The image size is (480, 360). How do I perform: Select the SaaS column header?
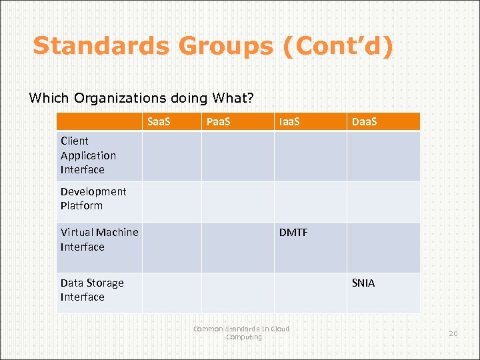pyautogui.click(x=159, y=122)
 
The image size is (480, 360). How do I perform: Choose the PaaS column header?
pyautogui.click(x=218, y=122)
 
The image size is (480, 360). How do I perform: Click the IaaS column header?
pyautogui.click(x=290, y=122)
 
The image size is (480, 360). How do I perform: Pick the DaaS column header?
pyautogui.click(x=364, y=122)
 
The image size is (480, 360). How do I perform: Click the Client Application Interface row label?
pyautogui.click(x=88, y=155)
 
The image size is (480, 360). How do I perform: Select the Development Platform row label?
pyautogui.click(x=93, y=199)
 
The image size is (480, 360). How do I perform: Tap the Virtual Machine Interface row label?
pyautogui.click(x=99, y=239)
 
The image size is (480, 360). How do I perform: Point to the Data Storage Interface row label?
pyautogui.click(x=92, y=290)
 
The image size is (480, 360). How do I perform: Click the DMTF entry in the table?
pyautogui.click(x=293, y=233)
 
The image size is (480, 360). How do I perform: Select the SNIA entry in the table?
pyautogui.click(x=363, y=283)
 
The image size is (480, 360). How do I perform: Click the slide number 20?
pyautogui.click(x=453, y=333)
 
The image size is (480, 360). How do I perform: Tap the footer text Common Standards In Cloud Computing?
pyautogui.click(x=241, y=333)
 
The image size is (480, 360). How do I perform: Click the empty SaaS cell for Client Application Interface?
pyautogui.click(x=171, y=156)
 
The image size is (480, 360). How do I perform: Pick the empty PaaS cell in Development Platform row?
pyautogui.click(x=237, y=201)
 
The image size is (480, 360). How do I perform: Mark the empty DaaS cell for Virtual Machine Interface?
pyautogui.click(x=383, y=247)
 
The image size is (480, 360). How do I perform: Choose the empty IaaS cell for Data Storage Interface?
pyautogui.click(x=310, y=293)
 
